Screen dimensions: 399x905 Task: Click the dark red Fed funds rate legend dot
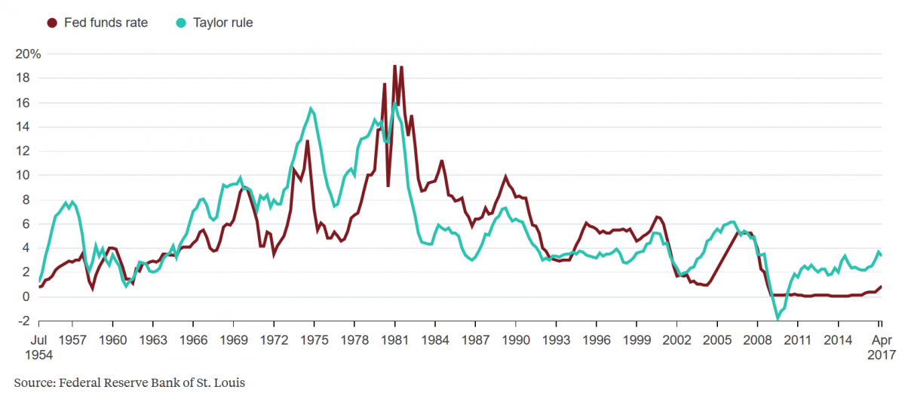52,23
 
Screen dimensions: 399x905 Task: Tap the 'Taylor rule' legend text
224,23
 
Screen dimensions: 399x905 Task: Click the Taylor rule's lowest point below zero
778,319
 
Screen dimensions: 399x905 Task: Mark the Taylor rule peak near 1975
311,109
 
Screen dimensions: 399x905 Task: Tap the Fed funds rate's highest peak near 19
394,66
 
